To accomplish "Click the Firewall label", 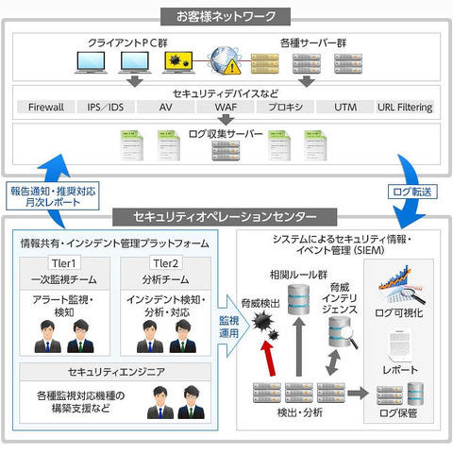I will click(46, 108).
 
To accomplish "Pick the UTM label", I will click(346, 108).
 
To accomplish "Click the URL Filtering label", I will click(406, 108).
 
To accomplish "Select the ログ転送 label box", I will click(411, 192).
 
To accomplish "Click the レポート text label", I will click(396, 370).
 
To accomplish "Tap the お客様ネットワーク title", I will click(226, 16).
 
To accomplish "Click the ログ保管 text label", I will click(396, 411).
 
